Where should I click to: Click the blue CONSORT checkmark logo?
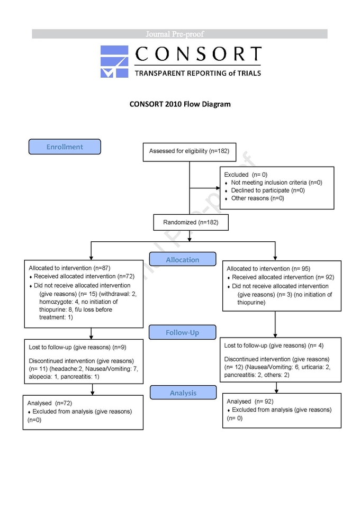point(114,62)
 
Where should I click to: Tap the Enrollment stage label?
point(65,147)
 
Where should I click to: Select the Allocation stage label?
point(183,259)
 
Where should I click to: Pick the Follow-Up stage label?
point(182,332)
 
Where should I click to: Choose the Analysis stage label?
point(183,393)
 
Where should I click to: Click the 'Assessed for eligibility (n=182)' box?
point(190,152)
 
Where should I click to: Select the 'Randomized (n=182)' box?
point(191,222)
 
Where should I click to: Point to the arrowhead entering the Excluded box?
point(218,188)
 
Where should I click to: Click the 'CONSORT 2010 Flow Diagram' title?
point(180,104)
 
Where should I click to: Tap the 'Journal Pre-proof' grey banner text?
point(175,34)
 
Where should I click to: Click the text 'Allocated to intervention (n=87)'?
point(69,268)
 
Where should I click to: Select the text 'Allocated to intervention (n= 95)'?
point(268,269)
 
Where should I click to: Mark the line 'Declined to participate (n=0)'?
point(268,190)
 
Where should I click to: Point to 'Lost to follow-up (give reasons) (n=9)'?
point(77,347)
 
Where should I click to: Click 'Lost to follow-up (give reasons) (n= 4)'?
point(274,346)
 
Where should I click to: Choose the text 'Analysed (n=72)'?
point(50,403)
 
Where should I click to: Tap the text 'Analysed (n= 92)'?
point(250,402)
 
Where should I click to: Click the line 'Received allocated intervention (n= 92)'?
point(283,277)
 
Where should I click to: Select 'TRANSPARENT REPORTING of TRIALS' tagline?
point(198,74)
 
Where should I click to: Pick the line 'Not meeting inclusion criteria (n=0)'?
point(277,183)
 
